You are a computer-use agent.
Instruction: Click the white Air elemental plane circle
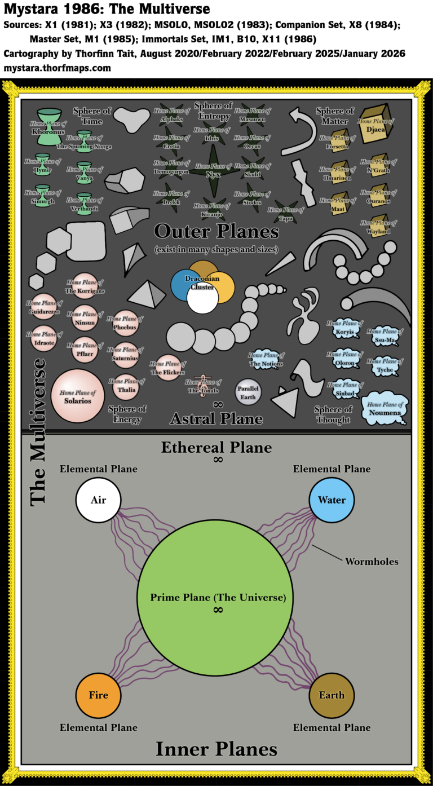(x=99, y=500)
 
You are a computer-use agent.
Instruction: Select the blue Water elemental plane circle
(x=332, y=500)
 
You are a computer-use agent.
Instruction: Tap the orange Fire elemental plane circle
(x=99, y=695)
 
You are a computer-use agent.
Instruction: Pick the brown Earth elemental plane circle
(x=332, y=695)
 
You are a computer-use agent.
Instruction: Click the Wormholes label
(x=371, y=562)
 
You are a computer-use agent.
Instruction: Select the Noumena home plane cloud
(x=385, y=408)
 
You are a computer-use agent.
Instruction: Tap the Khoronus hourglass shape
(x=51, y=127)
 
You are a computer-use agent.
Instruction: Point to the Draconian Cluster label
(x=202, y=282)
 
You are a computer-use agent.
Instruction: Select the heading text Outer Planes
(x=216, y=231)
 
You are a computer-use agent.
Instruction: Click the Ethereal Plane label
(x=216, y=448)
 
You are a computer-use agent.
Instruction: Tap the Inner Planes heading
(x=216, y=749)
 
